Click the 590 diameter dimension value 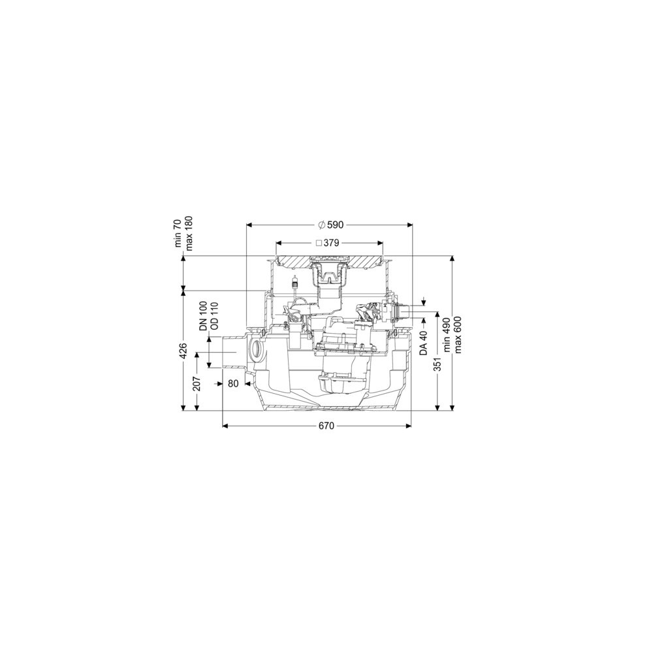[x=335, y=225]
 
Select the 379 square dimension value [x=332, y=243]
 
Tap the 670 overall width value [x=326, y=426]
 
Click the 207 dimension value [x=197, y=383]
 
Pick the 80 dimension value [x=234, y=383]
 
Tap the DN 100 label [x=203, y=315]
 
